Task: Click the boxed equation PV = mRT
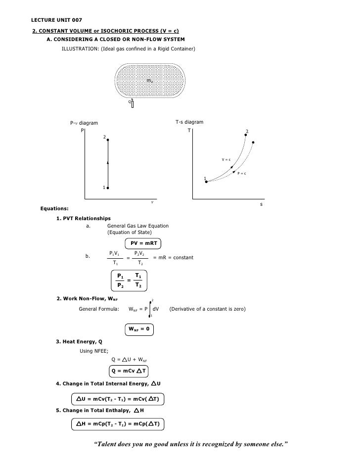point(144,243)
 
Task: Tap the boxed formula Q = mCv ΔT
point(130,371)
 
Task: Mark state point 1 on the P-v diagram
point(107,188)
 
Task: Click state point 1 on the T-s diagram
point(206,182)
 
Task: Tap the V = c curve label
point(226,159)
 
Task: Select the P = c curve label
point(242,173)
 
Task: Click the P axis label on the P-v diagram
point(83,131)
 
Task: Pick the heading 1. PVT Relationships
point(83,218)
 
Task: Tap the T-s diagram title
point(189,122)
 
